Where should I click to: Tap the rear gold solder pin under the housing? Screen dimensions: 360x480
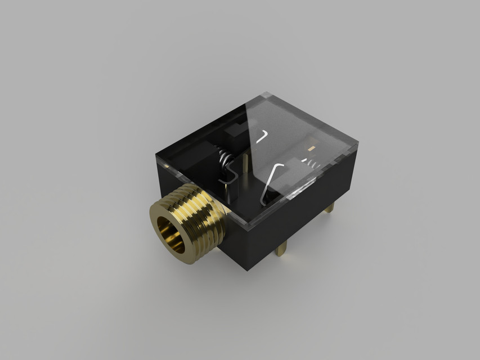pyautogui.click(x=329, y=207)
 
